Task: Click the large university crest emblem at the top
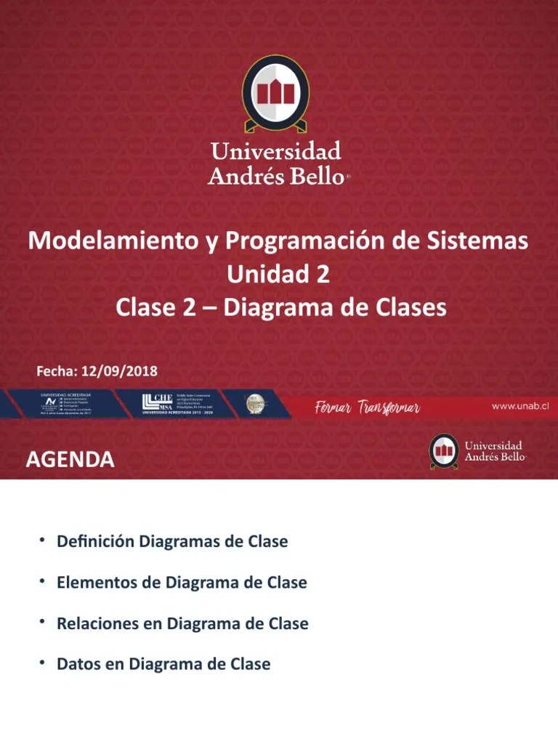click(275, 94)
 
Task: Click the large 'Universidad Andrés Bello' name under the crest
click(275, 163)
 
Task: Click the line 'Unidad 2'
click(278, 275)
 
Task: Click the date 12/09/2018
click(119, 371)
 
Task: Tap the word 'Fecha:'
click(57, 371)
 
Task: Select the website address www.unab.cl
click(519, 406)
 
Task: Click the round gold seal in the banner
click(255, 402)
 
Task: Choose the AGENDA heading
click(70, 459)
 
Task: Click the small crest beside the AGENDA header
click(443, 451)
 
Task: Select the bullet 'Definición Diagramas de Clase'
click(172, 542)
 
